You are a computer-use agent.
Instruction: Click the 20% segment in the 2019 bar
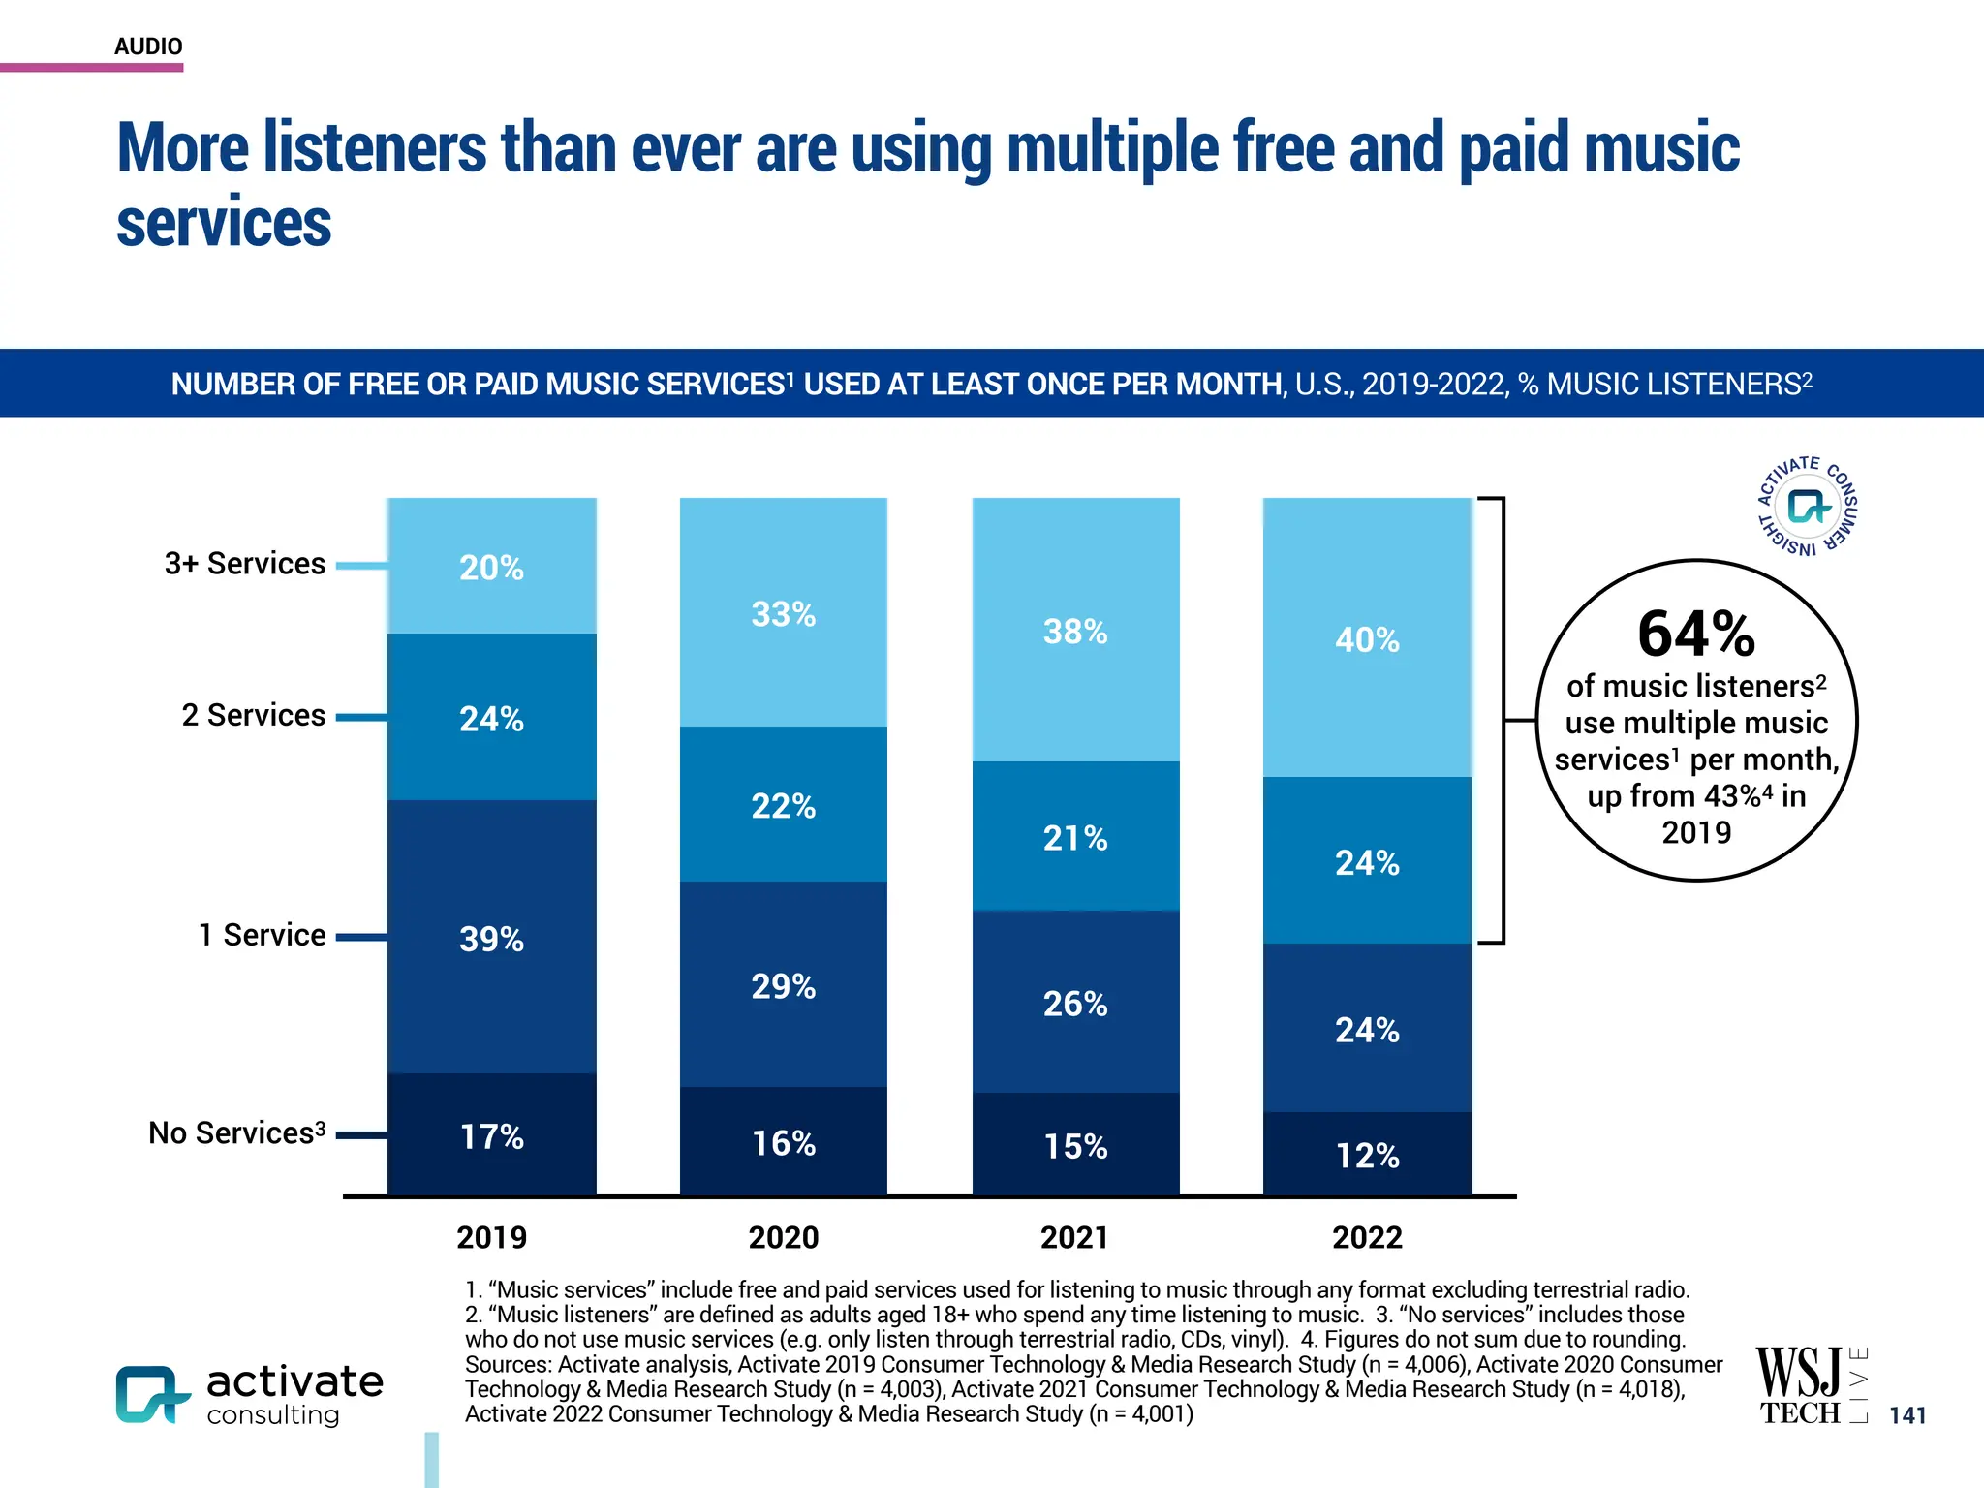[491, 567]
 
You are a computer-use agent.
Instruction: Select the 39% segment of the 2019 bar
[491, 938]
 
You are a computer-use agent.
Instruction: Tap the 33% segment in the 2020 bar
[783, 613]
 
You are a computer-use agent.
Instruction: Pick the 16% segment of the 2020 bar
[783, 1142]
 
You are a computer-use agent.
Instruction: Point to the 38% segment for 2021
[1075, 631]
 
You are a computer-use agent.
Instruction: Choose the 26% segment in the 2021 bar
[1075, 1003]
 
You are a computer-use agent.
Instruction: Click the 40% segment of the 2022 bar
[1367, 638]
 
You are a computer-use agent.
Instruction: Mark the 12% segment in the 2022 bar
[1367, 1155]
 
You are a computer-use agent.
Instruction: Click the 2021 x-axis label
[1074, 1237]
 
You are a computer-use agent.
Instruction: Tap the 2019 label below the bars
[491, 1237]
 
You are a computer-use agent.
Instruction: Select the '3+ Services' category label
[244, 563]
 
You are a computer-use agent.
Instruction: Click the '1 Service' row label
[262, 935]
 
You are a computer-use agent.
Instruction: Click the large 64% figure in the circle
[1695, 634]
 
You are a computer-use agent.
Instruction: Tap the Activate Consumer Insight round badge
[1808, 506]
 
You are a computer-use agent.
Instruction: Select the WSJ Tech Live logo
[1810, 1385]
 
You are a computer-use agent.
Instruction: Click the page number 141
[1907, 1415]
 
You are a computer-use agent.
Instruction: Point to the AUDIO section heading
[148, 46]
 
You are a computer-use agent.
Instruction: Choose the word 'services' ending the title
[224, 223]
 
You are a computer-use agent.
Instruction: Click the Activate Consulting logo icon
[150, 1395]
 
